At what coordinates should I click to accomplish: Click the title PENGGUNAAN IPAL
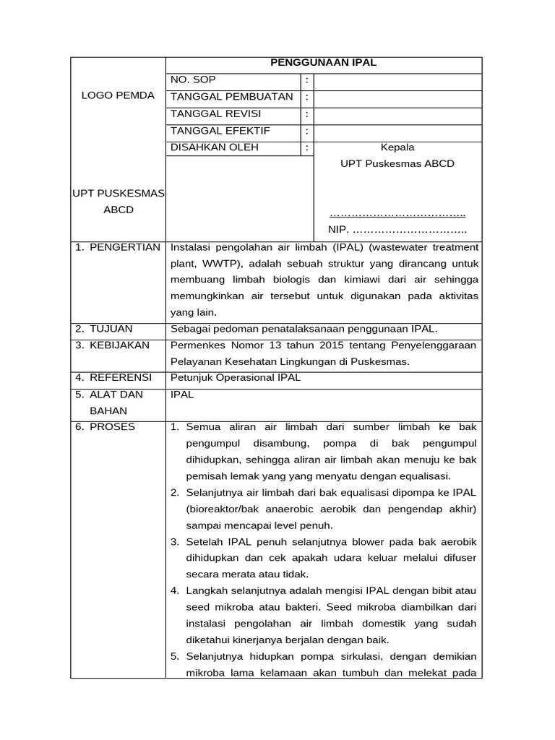click(323, 64)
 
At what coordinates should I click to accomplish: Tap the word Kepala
click(397, 147)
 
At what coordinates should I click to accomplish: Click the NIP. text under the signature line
click(337, 230)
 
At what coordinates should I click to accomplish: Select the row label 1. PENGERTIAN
click(118, 248)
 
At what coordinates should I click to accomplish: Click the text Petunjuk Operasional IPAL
click(235, 378)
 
